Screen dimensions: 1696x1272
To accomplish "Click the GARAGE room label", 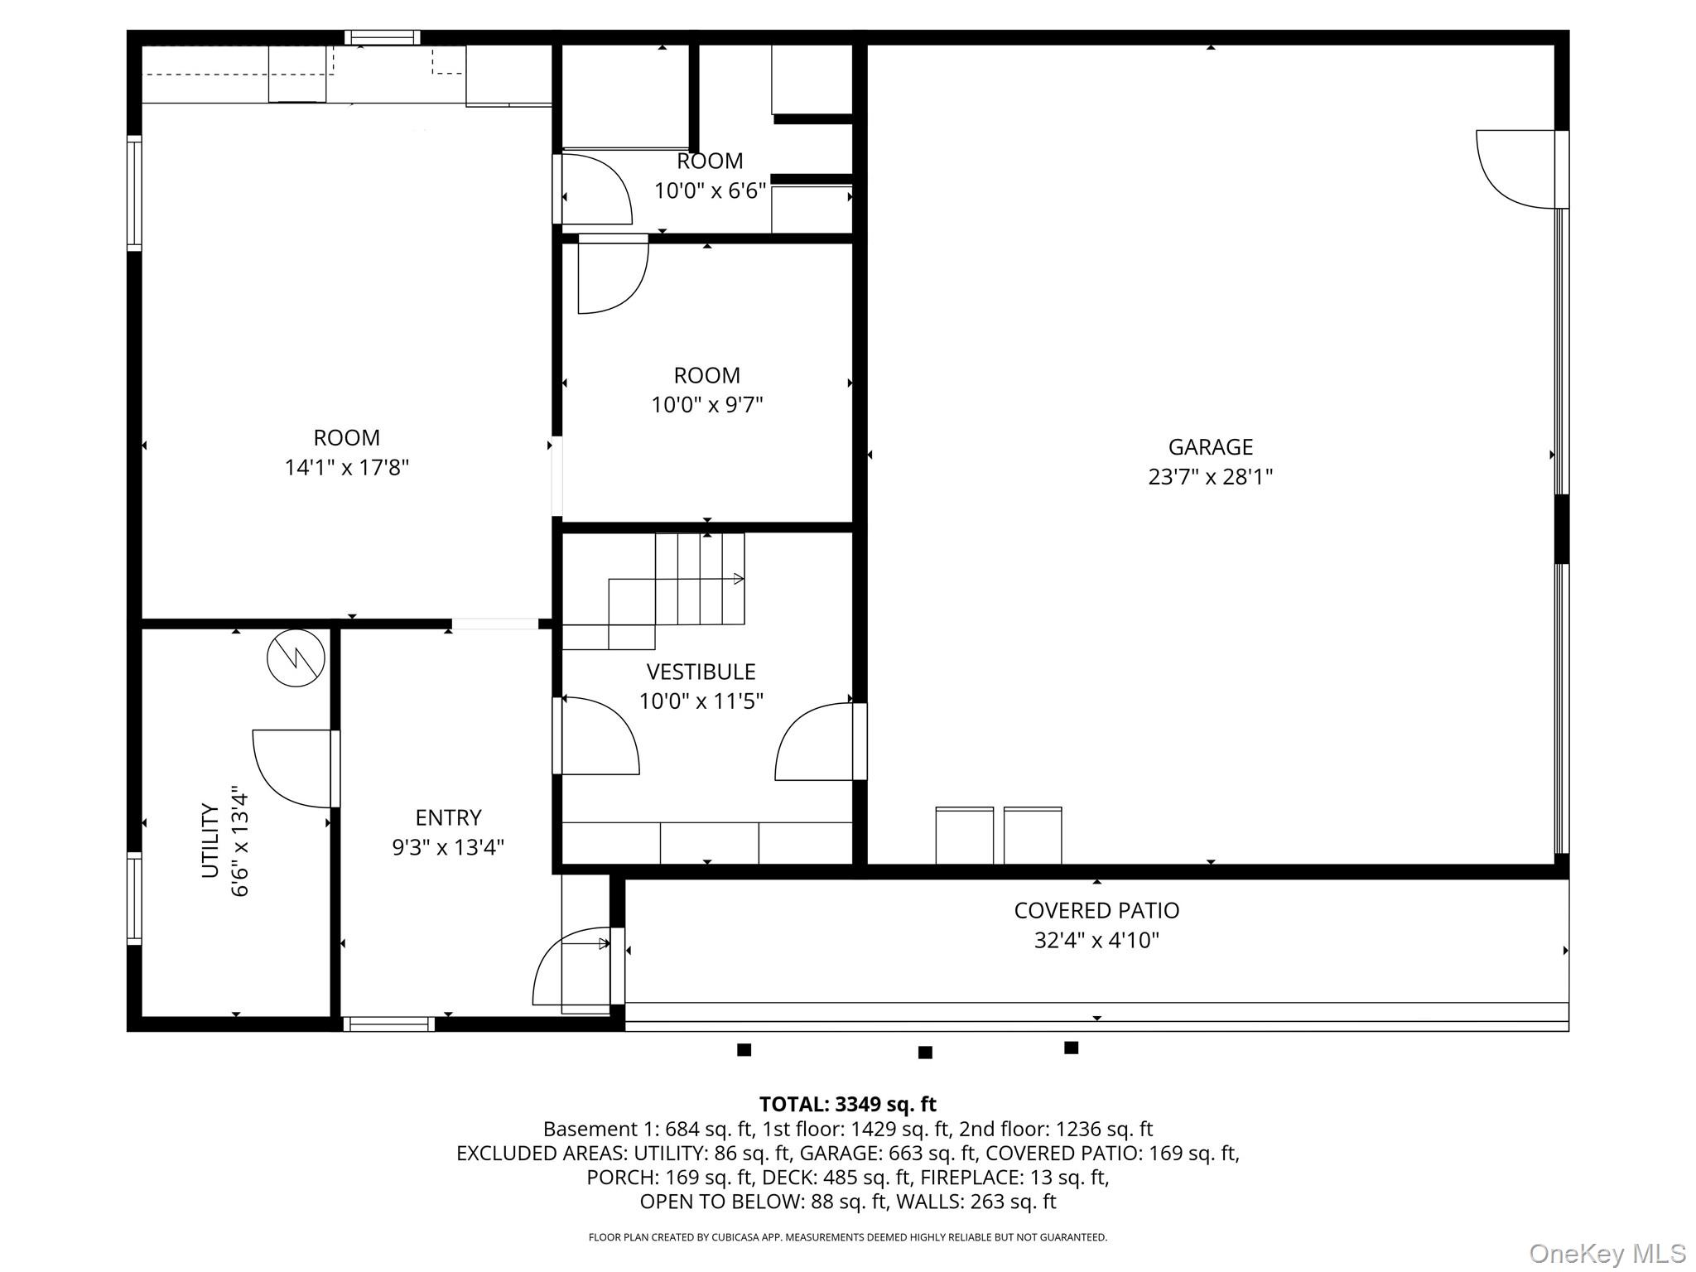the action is click(1210, 447).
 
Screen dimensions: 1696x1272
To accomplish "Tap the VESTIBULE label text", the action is click(701, 672).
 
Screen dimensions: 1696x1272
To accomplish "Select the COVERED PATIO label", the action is click(1096, 910).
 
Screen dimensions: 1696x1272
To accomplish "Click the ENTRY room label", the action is click(448, 817).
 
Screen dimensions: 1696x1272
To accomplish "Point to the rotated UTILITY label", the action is click(210, 841).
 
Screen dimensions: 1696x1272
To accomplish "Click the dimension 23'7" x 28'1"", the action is click(1210, 477).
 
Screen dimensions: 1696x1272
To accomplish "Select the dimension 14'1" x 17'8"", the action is click(347, 468).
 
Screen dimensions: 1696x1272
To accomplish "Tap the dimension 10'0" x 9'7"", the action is click(706, 405).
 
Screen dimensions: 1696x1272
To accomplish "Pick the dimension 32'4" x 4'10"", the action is click(1096, 940).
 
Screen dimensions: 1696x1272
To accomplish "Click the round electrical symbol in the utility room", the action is click(296, 658).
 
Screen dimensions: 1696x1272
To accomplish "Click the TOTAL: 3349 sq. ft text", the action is click(847, 1104).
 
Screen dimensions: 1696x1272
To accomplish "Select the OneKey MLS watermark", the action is click(1607, 1254).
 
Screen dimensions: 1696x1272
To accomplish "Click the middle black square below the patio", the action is click(925, 1053).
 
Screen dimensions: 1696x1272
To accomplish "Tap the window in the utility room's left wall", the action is click(134, 899).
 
